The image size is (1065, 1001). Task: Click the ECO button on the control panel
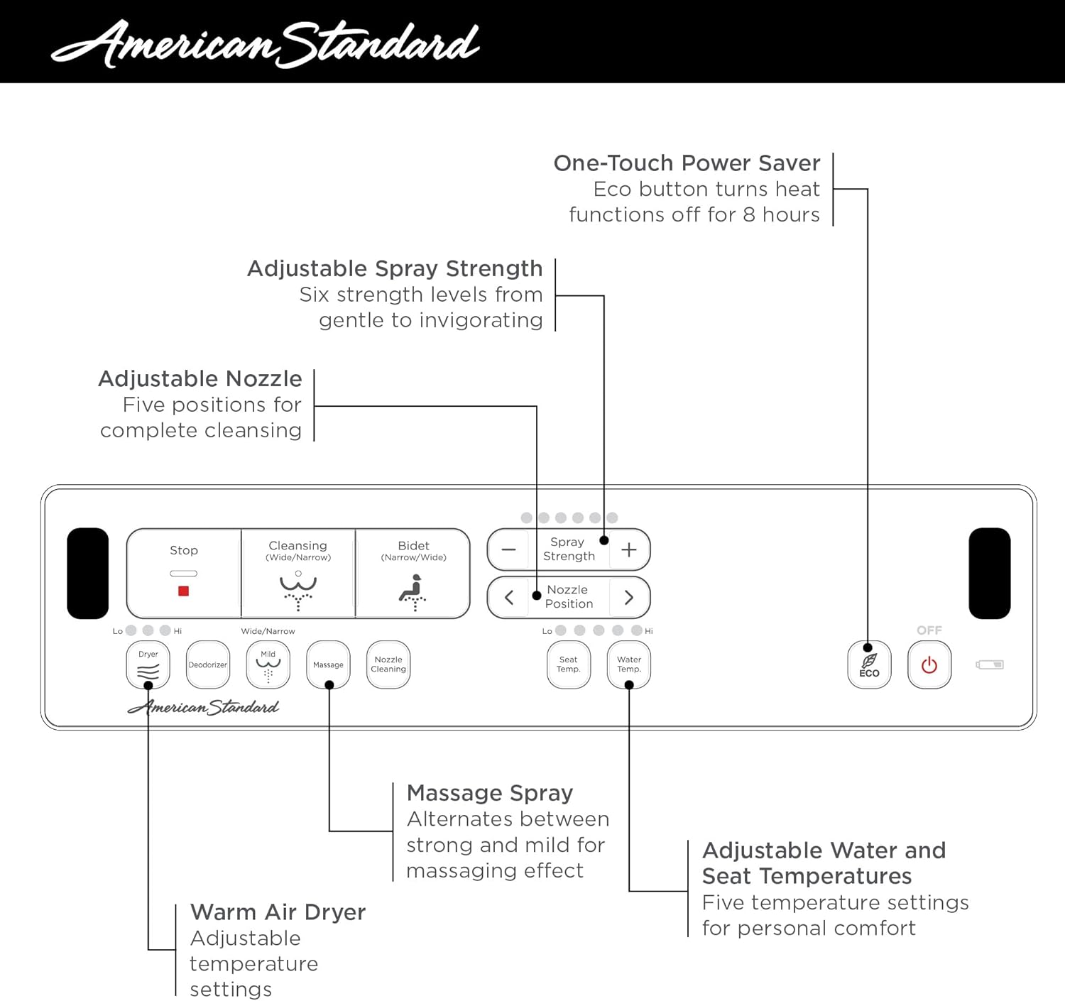point(869,665)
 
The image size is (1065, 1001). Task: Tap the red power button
point(929,665)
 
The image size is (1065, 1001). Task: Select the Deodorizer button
point(207,665)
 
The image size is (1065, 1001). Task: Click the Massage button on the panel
point(328,665)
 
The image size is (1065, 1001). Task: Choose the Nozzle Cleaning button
point(388,665)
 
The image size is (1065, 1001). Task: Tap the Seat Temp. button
point(568,665)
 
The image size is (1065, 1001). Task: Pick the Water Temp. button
point(629,665)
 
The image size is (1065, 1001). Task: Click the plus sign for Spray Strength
point(629,549)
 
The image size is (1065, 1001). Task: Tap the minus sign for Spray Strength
point(508,549)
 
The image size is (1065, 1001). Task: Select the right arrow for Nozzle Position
point(629,598)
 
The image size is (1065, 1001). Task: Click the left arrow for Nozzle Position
point(508,598)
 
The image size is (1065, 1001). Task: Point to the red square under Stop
point(183,591)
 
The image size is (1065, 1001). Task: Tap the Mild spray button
point(268,665)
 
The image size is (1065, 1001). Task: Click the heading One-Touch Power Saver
point(687,163)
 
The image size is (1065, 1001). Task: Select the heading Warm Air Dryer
point(278,912)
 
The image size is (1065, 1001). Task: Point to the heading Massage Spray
point(490,793)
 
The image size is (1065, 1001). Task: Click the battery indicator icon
point(989,665)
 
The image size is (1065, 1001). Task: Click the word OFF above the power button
point(929,630)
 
